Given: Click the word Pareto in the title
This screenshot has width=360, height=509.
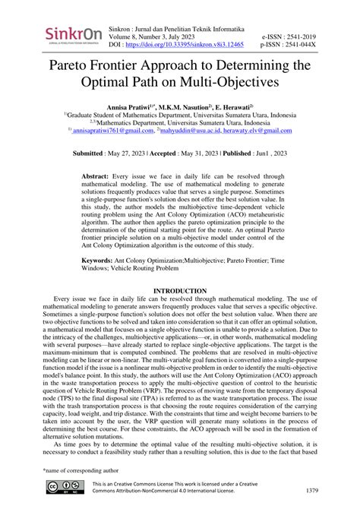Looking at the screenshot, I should click(76, 65).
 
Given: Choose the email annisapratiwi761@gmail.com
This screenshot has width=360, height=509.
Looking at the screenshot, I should click(122, 130).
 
